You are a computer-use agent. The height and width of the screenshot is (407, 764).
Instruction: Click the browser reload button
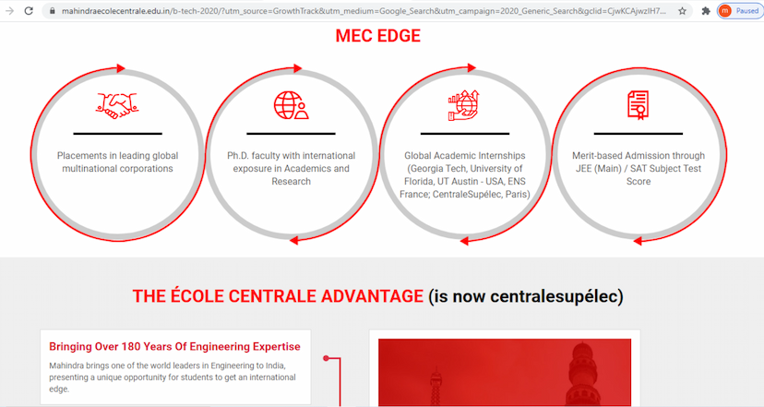click(29, 11)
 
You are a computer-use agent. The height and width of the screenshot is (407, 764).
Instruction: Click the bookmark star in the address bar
click(682, 11)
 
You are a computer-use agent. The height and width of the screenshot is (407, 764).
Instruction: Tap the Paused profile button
click(740, 11)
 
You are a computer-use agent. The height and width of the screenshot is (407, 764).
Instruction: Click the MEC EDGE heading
click(377, 37)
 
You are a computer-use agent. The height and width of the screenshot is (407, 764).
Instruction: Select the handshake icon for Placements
click(117, 103)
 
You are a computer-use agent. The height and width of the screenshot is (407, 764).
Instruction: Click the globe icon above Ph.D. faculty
click(291, 105)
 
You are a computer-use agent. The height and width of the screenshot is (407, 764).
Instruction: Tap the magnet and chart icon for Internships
click(464, 105)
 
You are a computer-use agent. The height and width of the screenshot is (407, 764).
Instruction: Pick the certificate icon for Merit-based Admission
click(638, 105)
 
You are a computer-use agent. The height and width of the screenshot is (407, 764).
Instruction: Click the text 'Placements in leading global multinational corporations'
click(117, 162)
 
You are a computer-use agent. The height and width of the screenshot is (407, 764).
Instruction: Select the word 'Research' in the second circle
click(291, 182)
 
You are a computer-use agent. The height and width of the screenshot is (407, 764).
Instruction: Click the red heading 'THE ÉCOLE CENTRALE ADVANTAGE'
click(278, 296)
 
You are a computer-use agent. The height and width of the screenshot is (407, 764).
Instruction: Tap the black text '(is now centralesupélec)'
click(526, 296)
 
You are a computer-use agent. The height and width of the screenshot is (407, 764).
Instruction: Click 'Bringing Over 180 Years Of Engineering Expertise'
click(174, 347)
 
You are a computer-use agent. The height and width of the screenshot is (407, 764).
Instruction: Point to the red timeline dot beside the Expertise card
click(326, 358)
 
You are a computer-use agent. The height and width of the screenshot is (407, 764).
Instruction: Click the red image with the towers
click(505, 373)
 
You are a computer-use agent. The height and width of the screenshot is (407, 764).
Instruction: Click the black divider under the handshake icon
click(117, 134)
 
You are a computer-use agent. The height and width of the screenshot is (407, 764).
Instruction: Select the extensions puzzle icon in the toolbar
click(706, 11)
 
